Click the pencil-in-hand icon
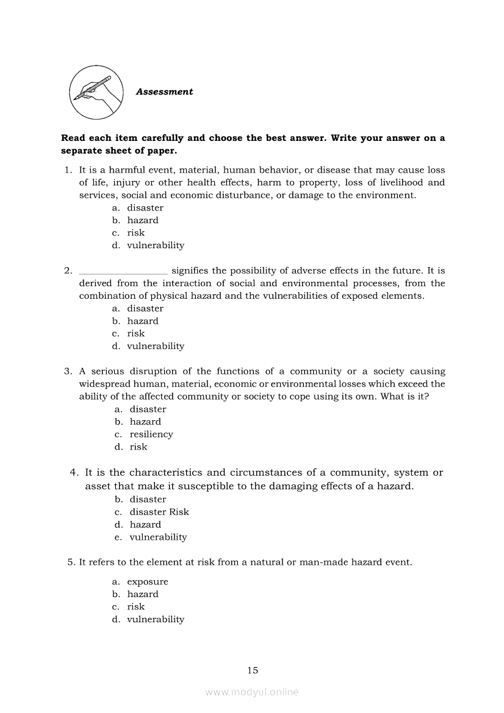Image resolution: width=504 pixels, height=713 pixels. pos(95,92)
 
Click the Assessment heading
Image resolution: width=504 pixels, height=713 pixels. pos(164,92)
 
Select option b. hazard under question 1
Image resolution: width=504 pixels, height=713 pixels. pos(142,220)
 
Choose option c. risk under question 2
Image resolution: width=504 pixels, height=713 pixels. pos(135,334)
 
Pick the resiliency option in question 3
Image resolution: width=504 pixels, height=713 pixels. pos(151,434)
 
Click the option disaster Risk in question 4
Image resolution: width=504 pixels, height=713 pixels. pos(159,512)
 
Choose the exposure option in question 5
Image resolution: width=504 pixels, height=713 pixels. pos(147,582)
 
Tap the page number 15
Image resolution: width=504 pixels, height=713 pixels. pos(253,670)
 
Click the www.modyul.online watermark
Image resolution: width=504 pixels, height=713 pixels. pos(252,692)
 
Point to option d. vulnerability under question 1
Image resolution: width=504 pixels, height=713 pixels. pos(155,246)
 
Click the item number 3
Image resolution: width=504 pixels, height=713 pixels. pos(68,371)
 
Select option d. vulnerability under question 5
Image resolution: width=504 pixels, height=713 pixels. pos(155,620)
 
